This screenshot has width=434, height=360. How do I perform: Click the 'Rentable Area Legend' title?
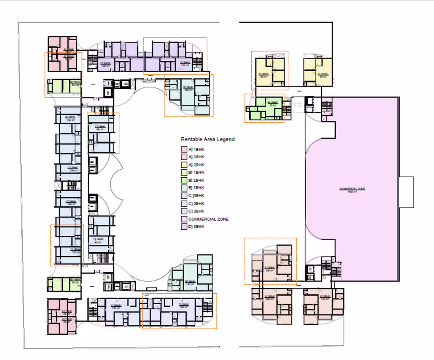(208, 139)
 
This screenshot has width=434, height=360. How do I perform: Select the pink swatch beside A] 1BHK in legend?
(183, 149)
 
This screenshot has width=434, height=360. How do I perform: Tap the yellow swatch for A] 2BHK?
(183, 165)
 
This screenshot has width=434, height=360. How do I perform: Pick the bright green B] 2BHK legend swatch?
(183, 180)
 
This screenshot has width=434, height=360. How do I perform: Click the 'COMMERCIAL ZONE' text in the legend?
(208, 219)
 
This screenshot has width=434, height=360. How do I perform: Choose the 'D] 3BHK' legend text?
(196, 227)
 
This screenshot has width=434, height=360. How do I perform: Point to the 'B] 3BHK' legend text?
(196, 188)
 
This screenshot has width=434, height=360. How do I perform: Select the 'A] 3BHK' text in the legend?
(196, 157)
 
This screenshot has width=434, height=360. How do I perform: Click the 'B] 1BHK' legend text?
(196, 172)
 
